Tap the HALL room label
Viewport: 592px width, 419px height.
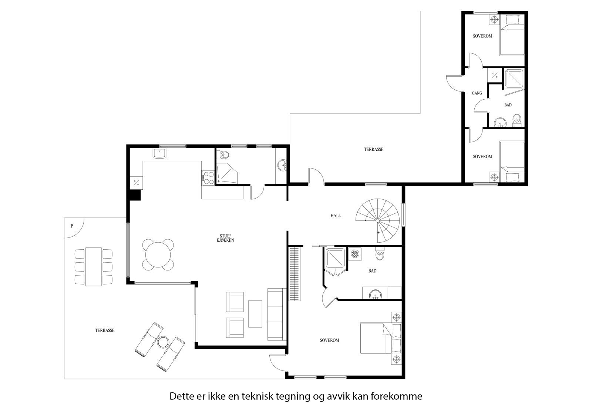pyautogui.click(x=336, y=216)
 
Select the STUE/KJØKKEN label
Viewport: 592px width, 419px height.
pyautogui.click(x=226, y=238)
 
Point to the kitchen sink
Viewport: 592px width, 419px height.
pyautogui.click(x=160, y=153)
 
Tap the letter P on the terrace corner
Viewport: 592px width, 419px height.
pyautogui.click(x=72, y=226)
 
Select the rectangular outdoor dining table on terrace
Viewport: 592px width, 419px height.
pyautogui.click(x=93, y=266)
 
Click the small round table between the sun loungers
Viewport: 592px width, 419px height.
pyautogui.click(x=162, y=342)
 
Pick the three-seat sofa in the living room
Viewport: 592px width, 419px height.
pyautogui.click(x=275, y=314)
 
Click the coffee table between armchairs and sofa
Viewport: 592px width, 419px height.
pyautogui.click(x=255, y=313)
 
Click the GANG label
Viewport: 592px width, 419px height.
pyautogui.click(x=477, y=93)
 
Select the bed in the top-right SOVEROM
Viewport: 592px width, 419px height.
pyautogui.click(x=512, y=36)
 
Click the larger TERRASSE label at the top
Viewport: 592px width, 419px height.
pyautogui.click(x=373, y=150)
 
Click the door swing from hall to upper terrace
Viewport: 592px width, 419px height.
pyautogui.click(x=314, y=176)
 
